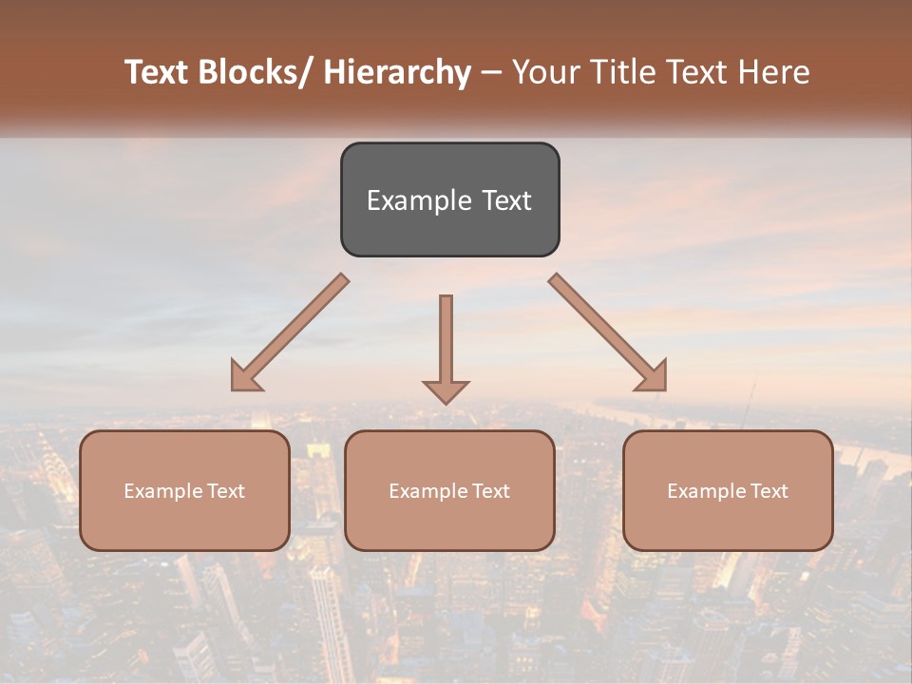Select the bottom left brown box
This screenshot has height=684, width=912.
(184, 522)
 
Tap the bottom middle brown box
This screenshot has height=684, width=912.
(449, 522)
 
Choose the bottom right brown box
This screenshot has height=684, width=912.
(728, 522)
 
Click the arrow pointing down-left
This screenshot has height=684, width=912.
(290, 332)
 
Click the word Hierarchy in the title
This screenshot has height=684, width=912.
(397, 72)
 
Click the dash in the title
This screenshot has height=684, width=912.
(491, 73)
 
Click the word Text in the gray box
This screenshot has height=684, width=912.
(506, 200)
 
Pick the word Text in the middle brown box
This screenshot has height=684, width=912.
(488, 491)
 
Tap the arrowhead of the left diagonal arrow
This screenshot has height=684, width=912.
(245, 376)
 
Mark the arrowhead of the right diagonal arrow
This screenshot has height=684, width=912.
(653, 376)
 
